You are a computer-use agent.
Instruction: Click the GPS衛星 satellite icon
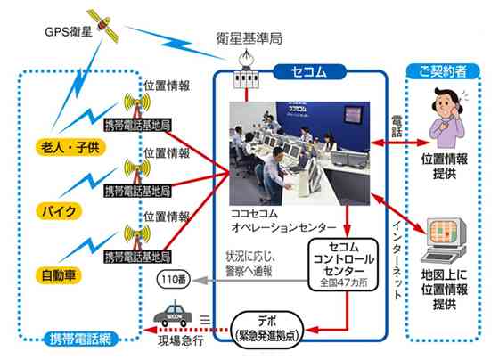coord(102,25)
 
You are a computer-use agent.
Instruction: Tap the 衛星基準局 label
coord(250,38)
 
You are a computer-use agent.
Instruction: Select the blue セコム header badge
coord(309,72)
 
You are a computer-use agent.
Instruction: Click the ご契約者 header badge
coord(443,71)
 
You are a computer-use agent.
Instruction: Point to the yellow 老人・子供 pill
coord(70,147)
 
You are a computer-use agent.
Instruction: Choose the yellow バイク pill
coord(59,211)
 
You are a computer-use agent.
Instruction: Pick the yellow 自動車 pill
coord(59,275)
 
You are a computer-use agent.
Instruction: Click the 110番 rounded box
coord(174,280)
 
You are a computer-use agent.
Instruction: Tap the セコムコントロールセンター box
coord(343,265)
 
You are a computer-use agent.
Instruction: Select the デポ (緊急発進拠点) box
coord(267,330)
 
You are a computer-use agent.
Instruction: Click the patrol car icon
coord(173,315)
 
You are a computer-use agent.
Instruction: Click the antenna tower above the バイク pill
coord(137,171)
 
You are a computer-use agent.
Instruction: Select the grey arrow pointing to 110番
coord(250,281)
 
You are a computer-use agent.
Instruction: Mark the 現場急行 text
coord(181,341)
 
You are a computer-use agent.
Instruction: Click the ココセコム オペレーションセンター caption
coord(283,220)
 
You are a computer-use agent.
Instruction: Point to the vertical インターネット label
coord(397,260)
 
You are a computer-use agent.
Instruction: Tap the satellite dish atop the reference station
coord(246,58)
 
